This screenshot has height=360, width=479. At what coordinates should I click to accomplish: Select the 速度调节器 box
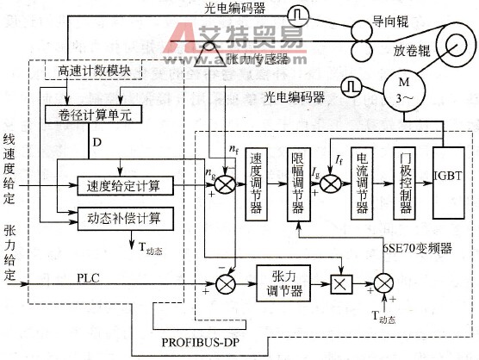coord(256,183)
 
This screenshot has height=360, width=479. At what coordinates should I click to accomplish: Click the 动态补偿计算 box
coord(126,216)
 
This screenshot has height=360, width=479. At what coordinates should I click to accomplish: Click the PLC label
coord(89,276)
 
